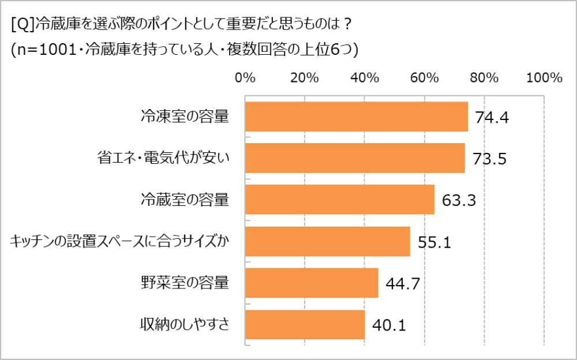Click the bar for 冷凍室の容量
(356, 117)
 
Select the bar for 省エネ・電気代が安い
(355, 158)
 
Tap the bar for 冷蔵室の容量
(339, 200)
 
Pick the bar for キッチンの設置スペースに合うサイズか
(327, 241)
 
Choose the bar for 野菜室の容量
(312, 283)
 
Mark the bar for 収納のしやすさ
(305, 325)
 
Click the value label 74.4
(492, 118)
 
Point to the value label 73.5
(489, 159)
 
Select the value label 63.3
(458, 200)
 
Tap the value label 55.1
(434, 242)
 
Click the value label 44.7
(402, 284)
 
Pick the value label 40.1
(389, 325)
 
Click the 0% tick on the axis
(245, 78)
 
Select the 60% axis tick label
(425, 78)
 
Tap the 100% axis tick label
(544, 78)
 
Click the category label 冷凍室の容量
(185, 117)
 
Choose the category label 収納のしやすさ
(185, 325)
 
